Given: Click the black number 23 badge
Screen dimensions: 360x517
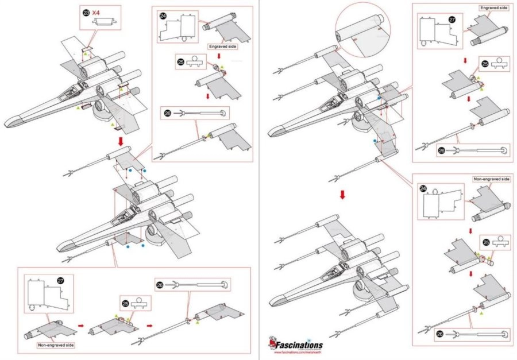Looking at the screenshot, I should [86, 11].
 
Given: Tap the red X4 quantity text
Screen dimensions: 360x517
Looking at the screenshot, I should [98, 11].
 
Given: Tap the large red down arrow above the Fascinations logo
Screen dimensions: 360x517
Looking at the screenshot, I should [342, 195].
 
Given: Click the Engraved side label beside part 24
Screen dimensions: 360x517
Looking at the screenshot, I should [223, 46].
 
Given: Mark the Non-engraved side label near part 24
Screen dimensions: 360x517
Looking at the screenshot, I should [492, 179].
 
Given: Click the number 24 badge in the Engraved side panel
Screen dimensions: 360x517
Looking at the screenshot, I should [164, 16].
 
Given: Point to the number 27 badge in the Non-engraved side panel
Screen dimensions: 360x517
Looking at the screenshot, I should [61, 280].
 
